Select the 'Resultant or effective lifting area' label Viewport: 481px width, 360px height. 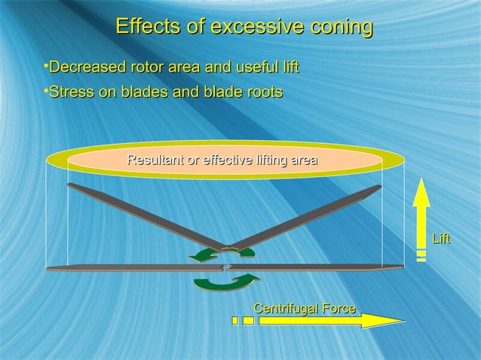point(222,160)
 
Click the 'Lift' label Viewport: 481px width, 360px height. point(441,239)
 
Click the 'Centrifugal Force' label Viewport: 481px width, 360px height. point(305,308)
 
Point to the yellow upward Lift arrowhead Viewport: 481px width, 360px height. point(421,191)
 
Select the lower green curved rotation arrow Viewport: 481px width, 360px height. point(226,282)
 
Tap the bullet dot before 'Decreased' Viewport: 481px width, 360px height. point(45,68)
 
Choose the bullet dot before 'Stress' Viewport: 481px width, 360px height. point(45,92)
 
